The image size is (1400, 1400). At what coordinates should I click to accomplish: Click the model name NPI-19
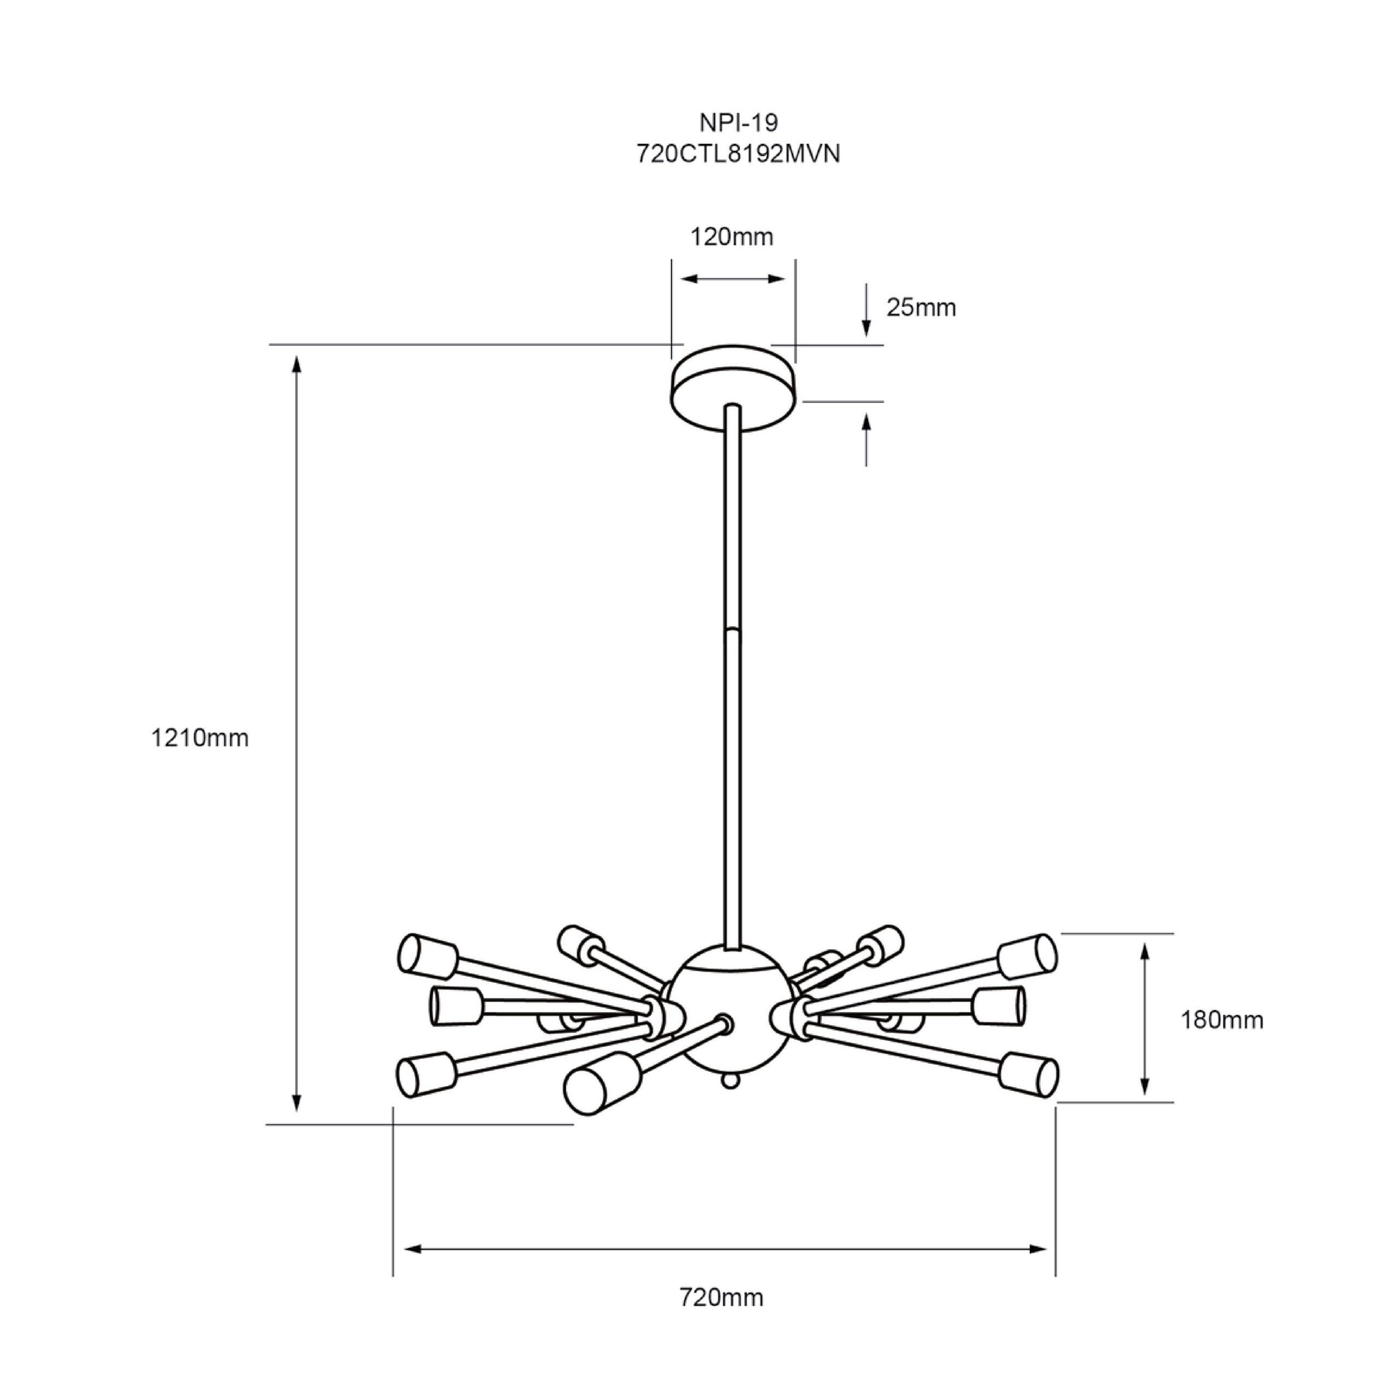(x=738, y=123)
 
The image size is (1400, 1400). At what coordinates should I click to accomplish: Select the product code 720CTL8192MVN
(x=738, y=154)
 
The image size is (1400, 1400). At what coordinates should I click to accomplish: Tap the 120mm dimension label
(x=731, y=237)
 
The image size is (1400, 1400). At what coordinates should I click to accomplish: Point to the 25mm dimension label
(x=921, y=307)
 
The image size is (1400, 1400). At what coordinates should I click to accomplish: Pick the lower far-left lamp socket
(x=427, y=1075)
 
